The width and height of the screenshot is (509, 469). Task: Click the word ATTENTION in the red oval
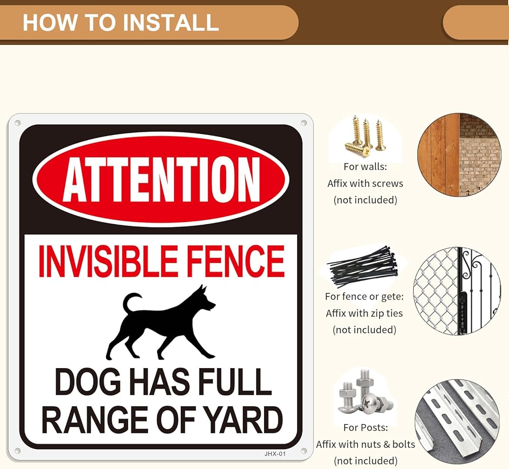pyautogui.click(x=161, y=179)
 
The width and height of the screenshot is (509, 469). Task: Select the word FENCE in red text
pyautogui.click(x=236, y=261)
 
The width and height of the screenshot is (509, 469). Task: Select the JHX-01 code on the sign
pyautogui.click(x=275, y=454)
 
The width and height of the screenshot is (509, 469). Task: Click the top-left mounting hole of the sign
pyautogui.click(x=17, y=123)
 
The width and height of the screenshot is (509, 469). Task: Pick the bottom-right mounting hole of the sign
pyautogui.click(x=304, y=451)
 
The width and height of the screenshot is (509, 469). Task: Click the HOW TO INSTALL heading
pyautogui.click(x=121, y=22)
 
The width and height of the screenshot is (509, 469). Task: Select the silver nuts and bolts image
pyautogui.click(x=364, y=393)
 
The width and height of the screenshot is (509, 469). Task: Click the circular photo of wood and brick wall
pyautogui.click(x=459, y=155)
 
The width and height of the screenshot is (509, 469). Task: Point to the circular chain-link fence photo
pyautogui.click(x=457, y=291)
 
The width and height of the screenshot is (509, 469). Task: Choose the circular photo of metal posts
pyautogui.click(x=458, y=423)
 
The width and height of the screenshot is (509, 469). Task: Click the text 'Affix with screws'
pyautogui.click(x=365, y=183)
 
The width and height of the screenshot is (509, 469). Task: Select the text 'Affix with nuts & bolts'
pyautogui.click(x=365, y=444)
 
